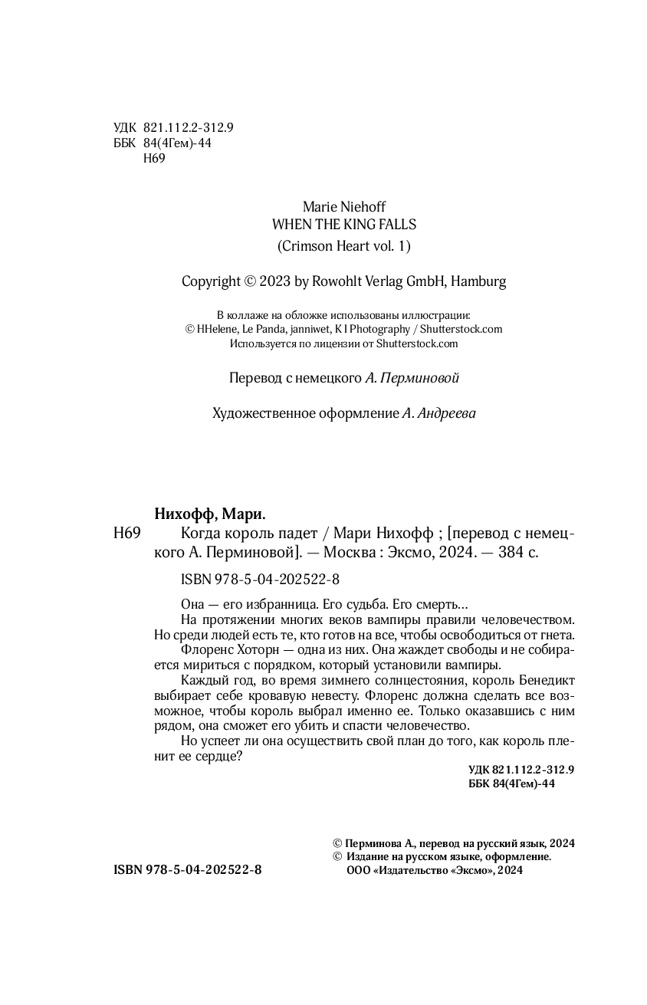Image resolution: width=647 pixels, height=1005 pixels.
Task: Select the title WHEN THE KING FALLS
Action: pyautogui.click(x=344, y=225)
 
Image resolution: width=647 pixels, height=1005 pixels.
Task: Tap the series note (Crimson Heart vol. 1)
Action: pyautogui.click(x=344, y=246)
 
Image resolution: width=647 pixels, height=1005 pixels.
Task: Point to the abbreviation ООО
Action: pyautogui.click(x=359, y=871)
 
